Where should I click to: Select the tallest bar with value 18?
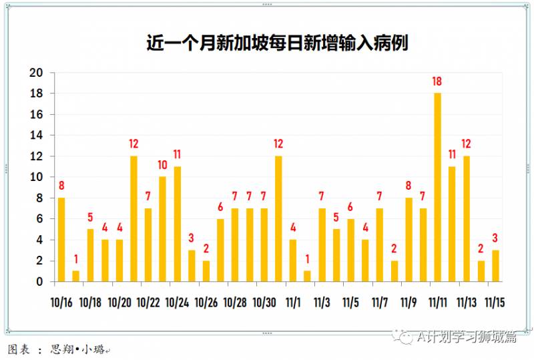click(437, 187)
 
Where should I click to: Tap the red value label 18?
click(437, 81)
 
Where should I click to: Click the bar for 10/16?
click(61, 239)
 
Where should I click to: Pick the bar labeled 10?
click(163, 229)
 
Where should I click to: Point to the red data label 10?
click(163, 165)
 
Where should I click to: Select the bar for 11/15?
click(495, 266)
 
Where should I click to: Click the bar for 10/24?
click(178, 224)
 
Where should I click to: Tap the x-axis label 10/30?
click(264, 303)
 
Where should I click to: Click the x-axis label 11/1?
click(293, 303)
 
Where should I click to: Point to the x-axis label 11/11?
click(438, 303)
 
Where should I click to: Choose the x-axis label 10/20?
click(119, 303)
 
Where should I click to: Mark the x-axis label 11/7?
click(380, 303)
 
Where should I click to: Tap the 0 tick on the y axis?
click(39, 282)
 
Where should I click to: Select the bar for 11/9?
click(409, 239)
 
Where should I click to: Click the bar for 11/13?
click(467, 218)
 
